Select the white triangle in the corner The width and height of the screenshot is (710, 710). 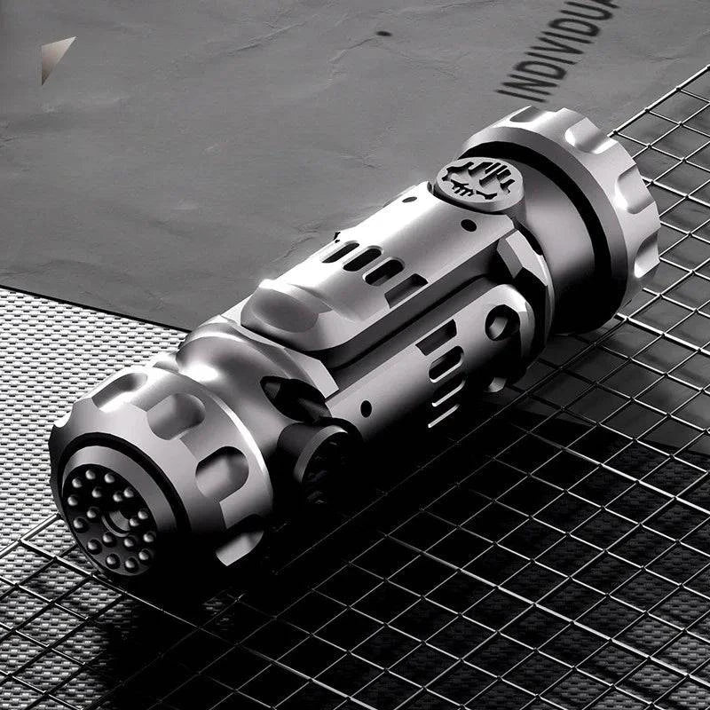[x=56, y=56]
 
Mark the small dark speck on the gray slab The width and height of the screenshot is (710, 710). [x=383, y=33]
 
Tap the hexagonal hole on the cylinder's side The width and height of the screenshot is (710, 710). [x=501, y=324]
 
